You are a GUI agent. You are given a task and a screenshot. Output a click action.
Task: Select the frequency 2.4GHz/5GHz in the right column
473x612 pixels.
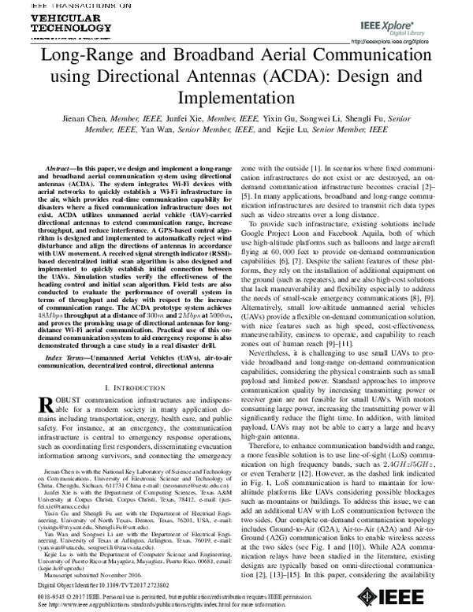(x=408, y=453)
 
